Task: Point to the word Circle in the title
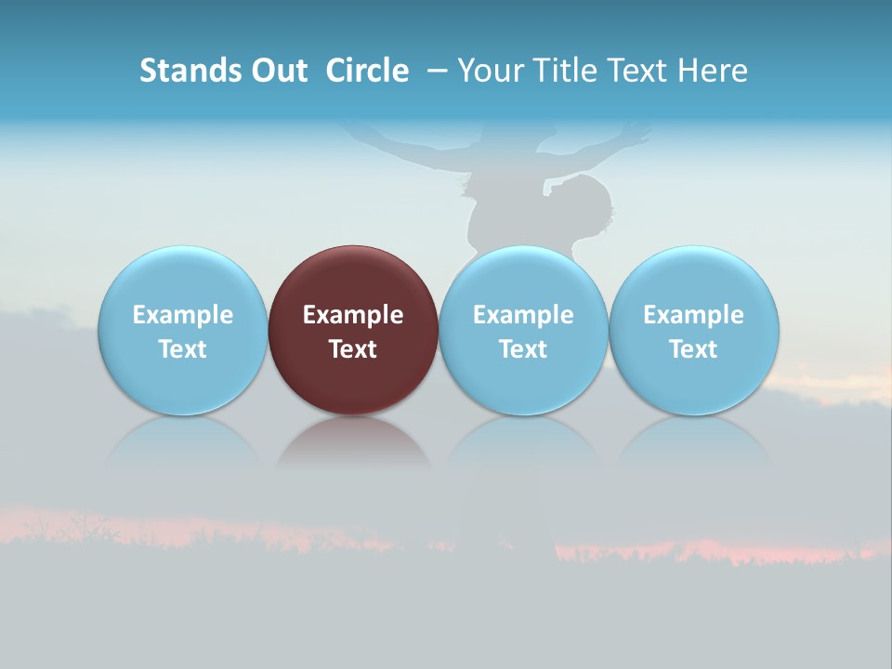(x=367, y=71)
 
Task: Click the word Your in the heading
(x=490, y=71)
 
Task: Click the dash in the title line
(x=436, y=71)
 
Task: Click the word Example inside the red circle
(x=353, y=315)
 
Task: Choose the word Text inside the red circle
(x=353, y=349)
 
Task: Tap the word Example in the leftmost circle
(x=182, y=315)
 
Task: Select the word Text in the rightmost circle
(x=694, y=349)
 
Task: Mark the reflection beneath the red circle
(x=353, y=443)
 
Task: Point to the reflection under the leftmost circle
(x=182, y=443)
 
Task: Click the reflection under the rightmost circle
(x=694, y=443)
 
